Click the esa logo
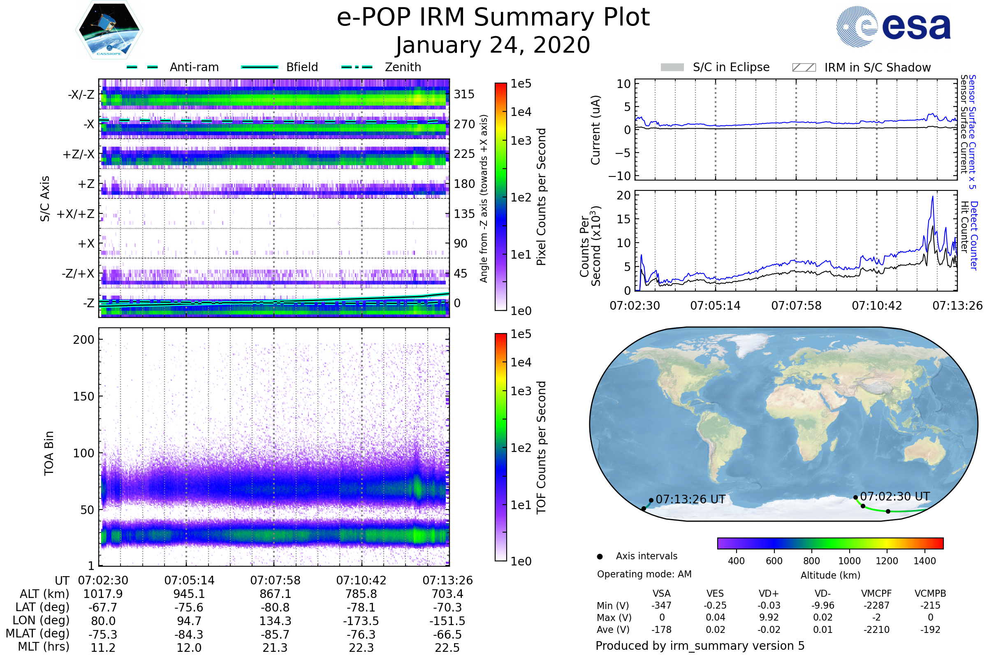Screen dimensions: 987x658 893,26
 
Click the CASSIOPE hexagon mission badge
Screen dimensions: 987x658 109,30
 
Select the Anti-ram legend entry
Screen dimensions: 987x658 173,67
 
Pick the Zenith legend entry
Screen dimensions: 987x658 382,67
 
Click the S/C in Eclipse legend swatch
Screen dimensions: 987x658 672,67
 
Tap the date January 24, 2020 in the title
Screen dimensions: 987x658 493,45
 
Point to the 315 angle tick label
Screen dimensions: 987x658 464,94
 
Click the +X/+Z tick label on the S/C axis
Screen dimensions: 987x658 76,214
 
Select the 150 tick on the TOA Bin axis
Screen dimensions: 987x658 83,396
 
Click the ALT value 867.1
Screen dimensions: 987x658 275,594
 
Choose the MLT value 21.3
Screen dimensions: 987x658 275,647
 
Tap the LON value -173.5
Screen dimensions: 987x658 361,621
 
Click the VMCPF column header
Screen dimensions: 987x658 876,593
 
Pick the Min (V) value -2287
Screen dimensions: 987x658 876,605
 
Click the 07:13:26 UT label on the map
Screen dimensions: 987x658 690,499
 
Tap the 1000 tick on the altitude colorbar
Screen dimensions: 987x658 849,561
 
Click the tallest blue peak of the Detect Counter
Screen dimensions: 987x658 932,197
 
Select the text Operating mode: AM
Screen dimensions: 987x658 644,574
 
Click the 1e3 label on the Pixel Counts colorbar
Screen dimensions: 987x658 521,141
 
